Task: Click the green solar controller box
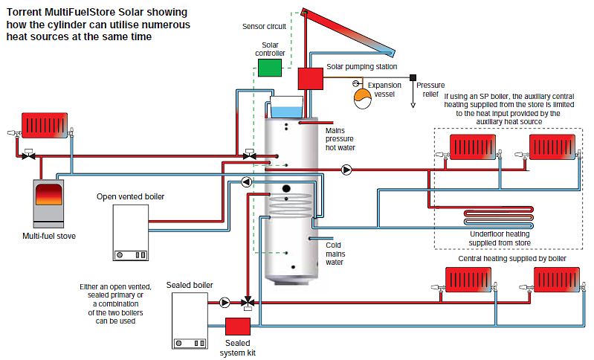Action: (270, 67)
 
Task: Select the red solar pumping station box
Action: (309, 78)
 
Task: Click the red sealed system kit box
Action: (237, 327)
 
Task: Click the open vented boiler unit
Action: (131, 233)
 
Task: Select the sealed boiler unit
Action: (190, 321)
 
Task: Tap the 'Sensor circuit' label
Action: (264, 25)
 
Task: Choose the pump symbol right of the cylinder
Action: (347, 170)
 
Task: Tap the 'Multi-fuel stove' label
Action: (49, 237)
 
